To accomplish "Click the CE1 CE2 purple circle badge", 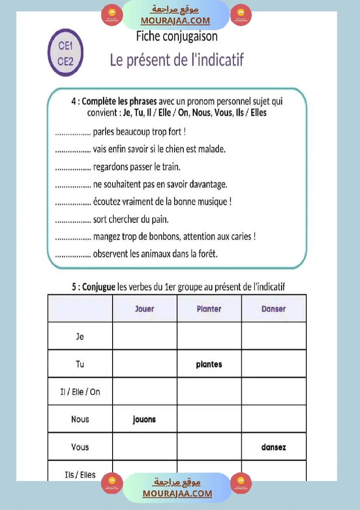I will tap(65, 53).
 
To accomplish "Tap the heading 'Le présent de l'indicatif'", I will tap(177, 60).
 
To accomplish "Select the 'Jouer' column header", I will tap(144, 309).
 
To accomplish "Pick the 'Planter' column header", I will tap(209, 309).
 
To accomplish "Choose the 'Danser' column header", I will tap(274, 309).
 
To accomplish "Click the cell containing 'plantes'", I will tap(209, 364).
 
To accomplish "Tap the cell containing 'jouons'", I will tap(144, 419).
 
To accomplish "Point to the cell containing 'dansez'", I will tap(274, 447).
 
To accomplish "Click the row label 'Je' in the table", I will tap(80, 336).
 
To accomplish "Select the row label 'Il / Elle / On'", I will tap(80, 392).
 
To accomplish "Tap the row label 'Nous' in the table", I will tap(80, 419).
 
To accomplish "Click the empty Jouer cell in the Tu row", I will tap(144, 364).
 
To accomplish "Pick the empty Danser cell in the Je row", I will tap(274, 336).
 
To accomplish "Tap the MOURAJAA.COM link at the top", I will tap(175, 21).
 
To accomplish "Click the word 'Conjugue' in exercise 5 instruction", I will tap(99, 287).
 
